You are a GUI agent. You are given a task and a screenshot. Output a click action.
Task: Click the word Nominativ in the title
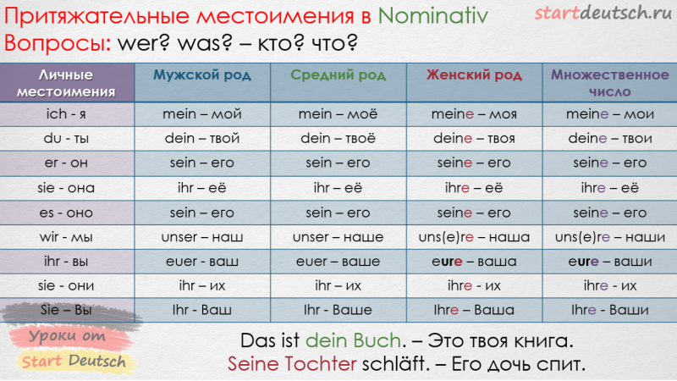pos(432,16)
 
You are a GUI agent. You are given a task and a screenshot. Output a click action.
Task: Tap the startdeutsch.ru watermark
pos(603,13)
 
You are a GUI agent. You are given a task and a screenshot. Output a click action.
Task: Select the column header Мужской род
pos(202,75)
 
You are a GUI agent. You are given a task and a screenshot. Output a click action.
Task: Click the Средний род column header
pos(338,75)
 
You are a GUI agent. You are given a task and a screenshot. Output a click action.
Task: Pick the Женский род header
pos(474,75)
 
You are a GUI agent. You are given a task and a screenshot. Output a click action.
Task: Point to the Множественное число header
pos(609,83)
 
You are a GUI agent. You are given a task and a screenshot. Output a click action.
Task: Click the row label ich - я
pos(66,114)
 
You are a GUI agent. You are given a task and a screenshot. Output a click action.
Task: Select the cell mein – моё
pos(338,114)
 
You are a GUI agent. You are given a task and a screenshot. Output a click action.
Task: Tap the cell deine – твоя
pos(474,138)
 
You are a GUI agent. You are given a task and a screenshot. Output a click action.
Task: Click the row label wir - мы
pos(66,237)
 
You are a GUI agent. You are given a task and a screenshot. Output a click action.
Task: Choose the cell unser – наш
pos(202,237)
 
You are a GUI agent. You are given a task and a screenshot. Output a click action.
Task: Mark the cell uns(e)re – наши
pos(609,237)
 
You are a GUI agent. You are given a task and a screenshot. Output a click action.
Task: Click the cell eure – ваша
pos(474,262)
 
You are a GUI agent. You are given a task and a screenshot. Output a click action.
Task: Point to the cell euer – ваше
pos(338,262)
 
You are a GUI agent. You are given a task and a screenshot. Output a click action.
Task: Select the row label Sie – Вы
pos(66,310)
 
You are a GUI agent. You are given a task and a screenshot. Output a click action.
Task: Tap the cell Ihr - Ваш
pos(202,310)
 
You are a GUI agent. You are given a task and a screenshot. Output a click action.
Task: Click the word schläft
pos(395,364)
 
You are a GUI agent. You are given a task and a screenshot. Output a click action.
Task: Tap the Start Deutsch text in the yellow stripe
pos(74,362)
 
